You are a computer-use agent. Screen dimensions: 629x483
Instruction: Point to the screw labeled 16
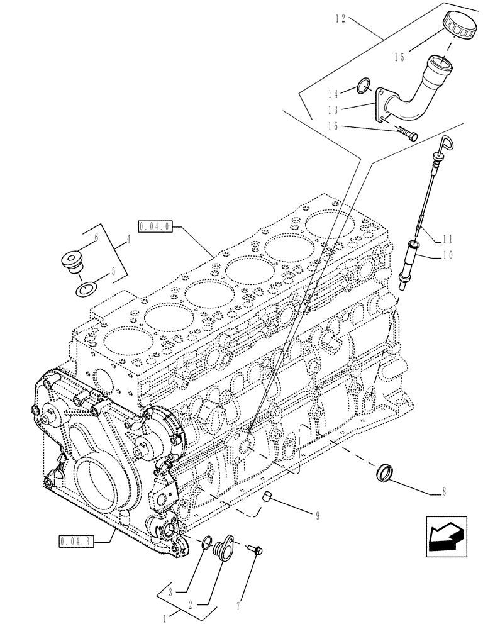pos(408,133)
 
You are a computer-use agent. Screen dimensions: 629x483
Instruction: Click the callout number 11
pos(448,238)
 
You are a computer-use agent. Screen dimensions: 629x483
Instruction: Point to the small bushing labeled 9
pos(267,499)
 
